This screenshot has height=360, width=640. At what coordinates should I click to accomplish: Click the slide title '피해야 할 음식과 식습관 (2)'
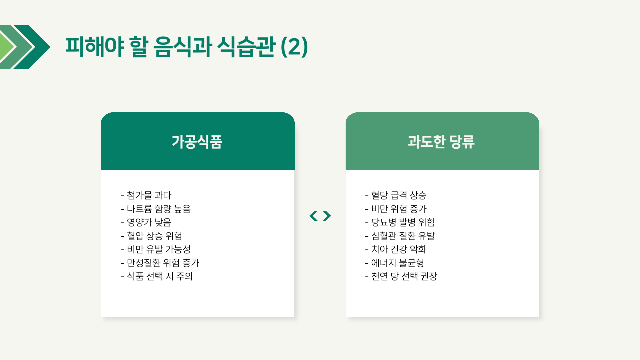point(187,47)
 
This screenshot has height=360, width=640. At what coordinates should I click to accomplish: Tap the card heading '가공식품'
point(197,142)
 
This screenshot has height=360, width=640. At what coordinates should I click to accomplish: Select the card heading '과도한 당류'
point(441,142)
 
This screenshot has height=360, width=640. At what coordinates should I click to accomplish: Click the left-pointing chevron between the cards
point(313,216)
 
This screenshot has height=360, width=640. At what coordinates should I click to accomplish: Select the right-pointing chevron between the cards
point(327,216)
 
